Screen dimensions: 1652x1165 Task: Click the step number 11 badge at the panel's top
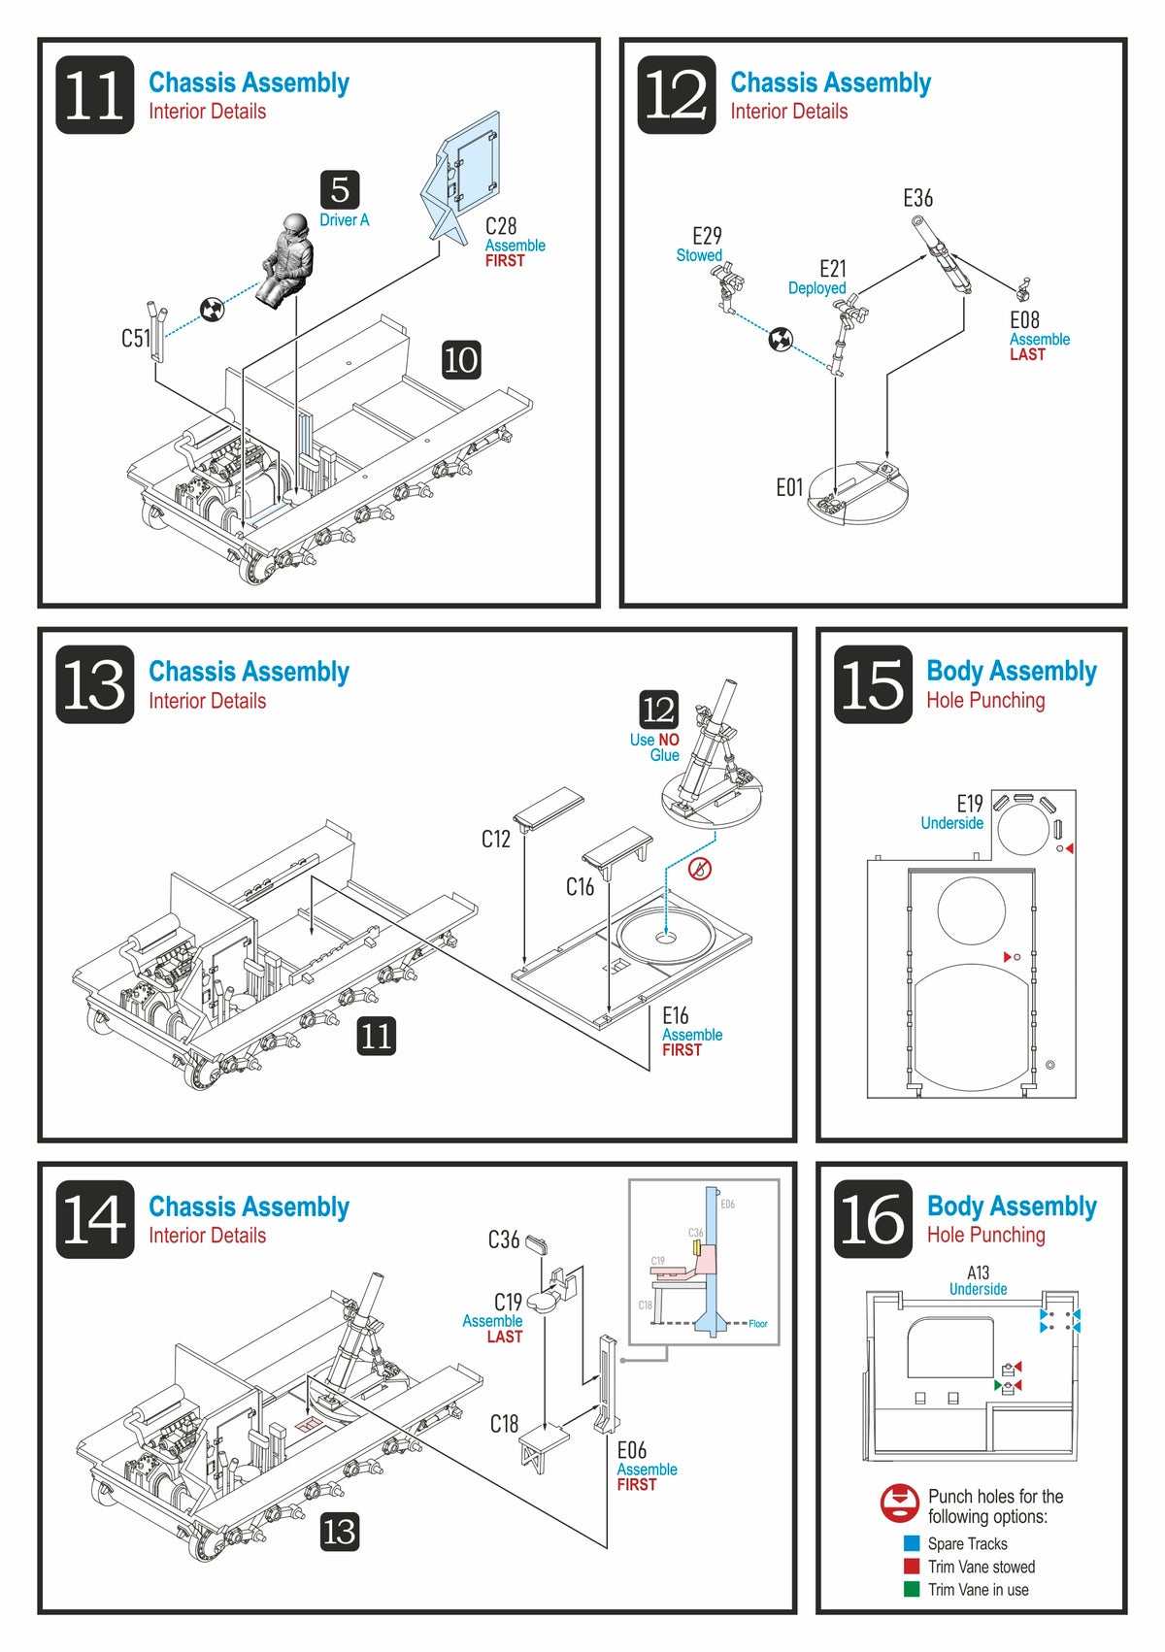click(95, 95)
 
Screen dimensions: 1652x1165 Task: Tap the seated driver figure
click(287, 260)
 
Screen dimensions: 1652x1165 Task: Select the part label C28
click(501, 226)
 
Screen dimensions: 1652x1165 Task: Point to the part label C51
click(135, 338)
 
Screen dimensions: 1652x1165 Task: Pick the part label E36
click(917, 198)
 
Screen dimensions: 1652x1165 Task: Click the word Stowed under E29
click(699, 255)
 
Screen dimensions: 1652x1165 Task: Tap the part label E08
click(1024, 320)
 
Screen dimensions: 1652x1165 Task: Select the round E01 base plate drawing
click(858, 492)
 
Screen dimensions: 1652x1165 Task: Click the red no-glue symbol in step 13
click(699, 869)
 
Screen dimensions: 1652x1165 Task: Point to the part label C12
click(496, 839)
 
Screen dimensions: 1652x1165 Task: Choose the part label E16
click(676, 1015)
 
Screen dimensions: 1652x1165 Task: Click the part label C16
click(580, 886)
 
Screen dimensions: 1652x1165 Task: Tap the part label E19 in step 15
click(970, 804)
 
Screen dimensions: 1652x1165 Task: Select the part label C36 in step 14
click(504, 1239)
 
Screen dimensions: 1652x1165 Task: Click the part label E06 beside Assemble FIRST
click(632, 1450)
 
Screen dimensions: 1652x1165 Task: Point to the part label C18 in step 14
click(504, 1424)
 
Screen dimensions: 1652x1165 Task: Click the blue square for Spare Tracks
click(912, 1543)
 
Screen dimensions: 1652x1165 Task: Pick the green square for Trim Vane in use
click(912, 1589)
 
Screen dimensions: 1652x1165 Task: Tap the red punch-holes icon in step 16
click(900, 1503)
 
